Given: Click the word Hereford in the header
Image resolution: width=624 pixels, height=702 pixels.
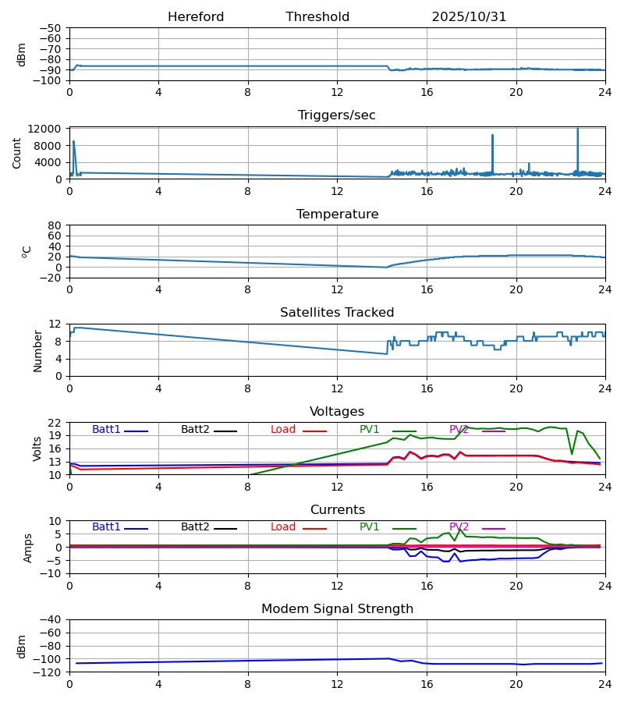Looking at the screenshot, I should click(x=196, y=17).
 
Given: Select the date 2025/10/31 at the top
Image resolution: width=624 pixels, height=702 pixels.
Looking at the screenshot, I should click(x=469, y=17).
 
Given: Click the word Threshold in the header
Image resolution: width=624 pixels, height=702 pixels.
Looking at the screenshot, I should click(x=317, y=17).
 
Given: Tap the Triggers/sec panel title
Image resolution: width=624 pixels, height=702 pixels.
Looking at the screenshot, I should click(x=337, y=115).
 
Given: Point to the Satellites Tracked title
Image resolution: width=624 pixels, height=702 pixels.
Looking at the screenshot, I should click(x=337, y=313).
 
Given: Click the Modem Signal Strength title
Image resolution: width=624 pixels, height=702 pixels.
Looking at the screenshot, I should click(x=337, y=609).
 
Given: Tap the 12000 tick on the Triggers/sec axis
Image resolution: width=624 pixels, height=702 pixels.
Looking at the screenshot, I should click(x=48, y=129).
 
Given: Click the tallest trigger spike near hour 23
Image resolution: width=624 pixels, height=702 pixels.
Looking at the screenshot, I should click(x=577, y=129).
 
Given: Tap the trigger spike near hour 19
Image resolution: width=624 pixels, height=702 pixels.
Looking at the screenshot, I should click(x=492, y=136).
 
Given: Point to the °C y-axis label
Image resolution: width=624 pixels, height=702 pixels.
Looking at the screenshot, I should click(x=27, y=251).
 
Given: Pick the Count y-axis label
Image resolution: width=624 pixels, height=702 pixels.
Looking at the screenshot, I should click(x=17, y=153).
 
